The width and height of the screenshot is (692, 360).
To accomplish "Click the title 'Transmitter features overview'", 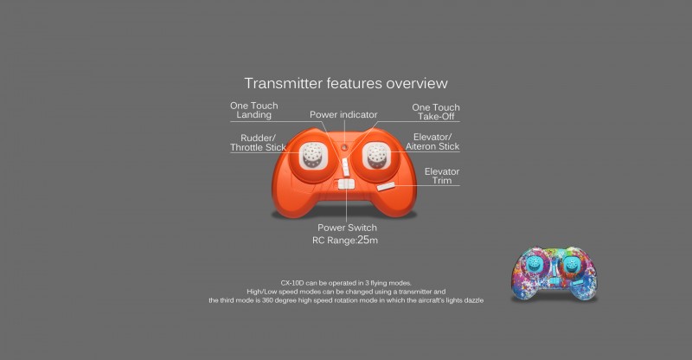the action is point(346,83).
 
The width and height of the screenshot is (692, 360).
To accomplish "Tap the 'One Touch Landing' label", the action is point(253,110).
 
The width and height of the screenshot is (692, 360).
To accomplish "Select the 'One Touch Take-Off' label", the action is point(436,112).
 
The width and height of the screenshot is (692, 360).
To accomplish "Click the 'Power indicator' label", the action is point(343,114).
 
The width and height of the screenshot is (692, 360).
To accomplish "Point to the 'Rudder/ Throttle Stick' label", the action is point(258,143).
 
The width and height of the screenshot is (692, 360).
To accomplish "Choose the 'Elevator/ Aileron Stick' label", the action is point(432,142).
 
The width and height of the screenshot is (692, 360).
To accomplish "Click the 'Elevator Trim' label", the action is point(442,176).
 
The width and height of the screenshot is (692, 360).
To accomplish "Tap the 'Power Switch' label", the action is point(347,228).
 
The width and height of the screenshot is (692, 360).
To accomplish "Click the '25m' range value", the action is point(368,240).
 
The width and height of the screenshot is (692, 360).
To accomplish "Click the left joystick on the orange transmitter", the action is point(312,155).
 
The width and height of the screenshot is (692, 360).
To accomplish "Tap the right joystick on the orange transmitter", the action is point(376,156).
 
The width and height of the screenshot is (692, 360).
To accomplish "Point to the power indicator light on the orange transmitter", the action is point(344,147).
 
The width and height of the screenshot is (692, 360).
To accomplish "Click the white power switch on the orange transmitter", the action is point(346,183).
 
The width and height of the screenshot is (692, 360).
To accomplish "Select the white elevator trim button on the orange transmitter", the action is point(386,187).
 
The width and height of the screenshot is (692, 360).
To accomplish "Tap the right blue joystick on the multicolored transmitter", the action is point(571,265).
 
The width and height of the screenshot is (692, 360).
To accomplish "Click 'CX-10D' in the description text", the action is point(292,283).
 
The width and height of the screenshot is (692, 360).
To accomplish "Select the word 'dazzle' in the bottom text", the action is point(473,300).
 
